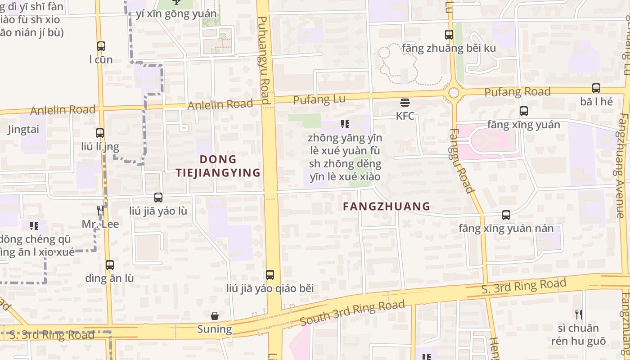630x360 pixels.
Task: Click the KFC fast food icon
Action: [x=405, y=103]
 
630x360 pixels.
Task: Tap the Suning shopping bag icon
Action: [x=215, y=316]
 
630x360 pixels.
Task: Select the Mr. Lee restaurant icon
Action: [x=100, y=210]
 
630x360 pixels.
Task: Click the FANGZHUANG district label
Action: [x=387, y=207]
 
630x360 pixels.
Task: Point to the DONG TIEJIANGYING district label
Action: [x=218, y=166]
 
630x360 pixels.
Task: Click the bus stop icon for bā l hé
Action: [x=596, y=88]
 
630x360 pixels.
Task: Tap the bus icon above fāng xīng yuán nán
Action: [x=506, y=215]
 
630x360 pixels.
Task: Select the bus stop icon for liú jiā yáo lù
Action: [x=158, y=197]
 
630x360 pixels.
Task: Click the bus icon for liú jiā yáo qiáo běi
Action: [x=270, y=274]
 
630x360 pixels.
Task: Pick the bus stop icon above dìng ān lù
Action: [x=110, y=265]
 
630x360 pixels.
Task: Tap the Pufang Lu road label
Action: [x=319, y=99]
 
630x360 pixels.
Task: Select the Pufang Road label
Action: [x=517, y=92]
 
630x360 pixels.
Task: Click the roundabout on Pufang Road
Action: [x=454, y=93]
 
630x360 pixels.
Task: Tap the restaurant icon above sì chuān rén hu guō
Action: [x=579, y=314]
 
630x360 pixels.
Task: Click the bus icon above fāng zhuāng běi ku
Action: [x=449, y=34]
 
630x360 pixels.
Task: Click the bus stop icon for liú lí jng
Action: [x=100, y=133]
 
